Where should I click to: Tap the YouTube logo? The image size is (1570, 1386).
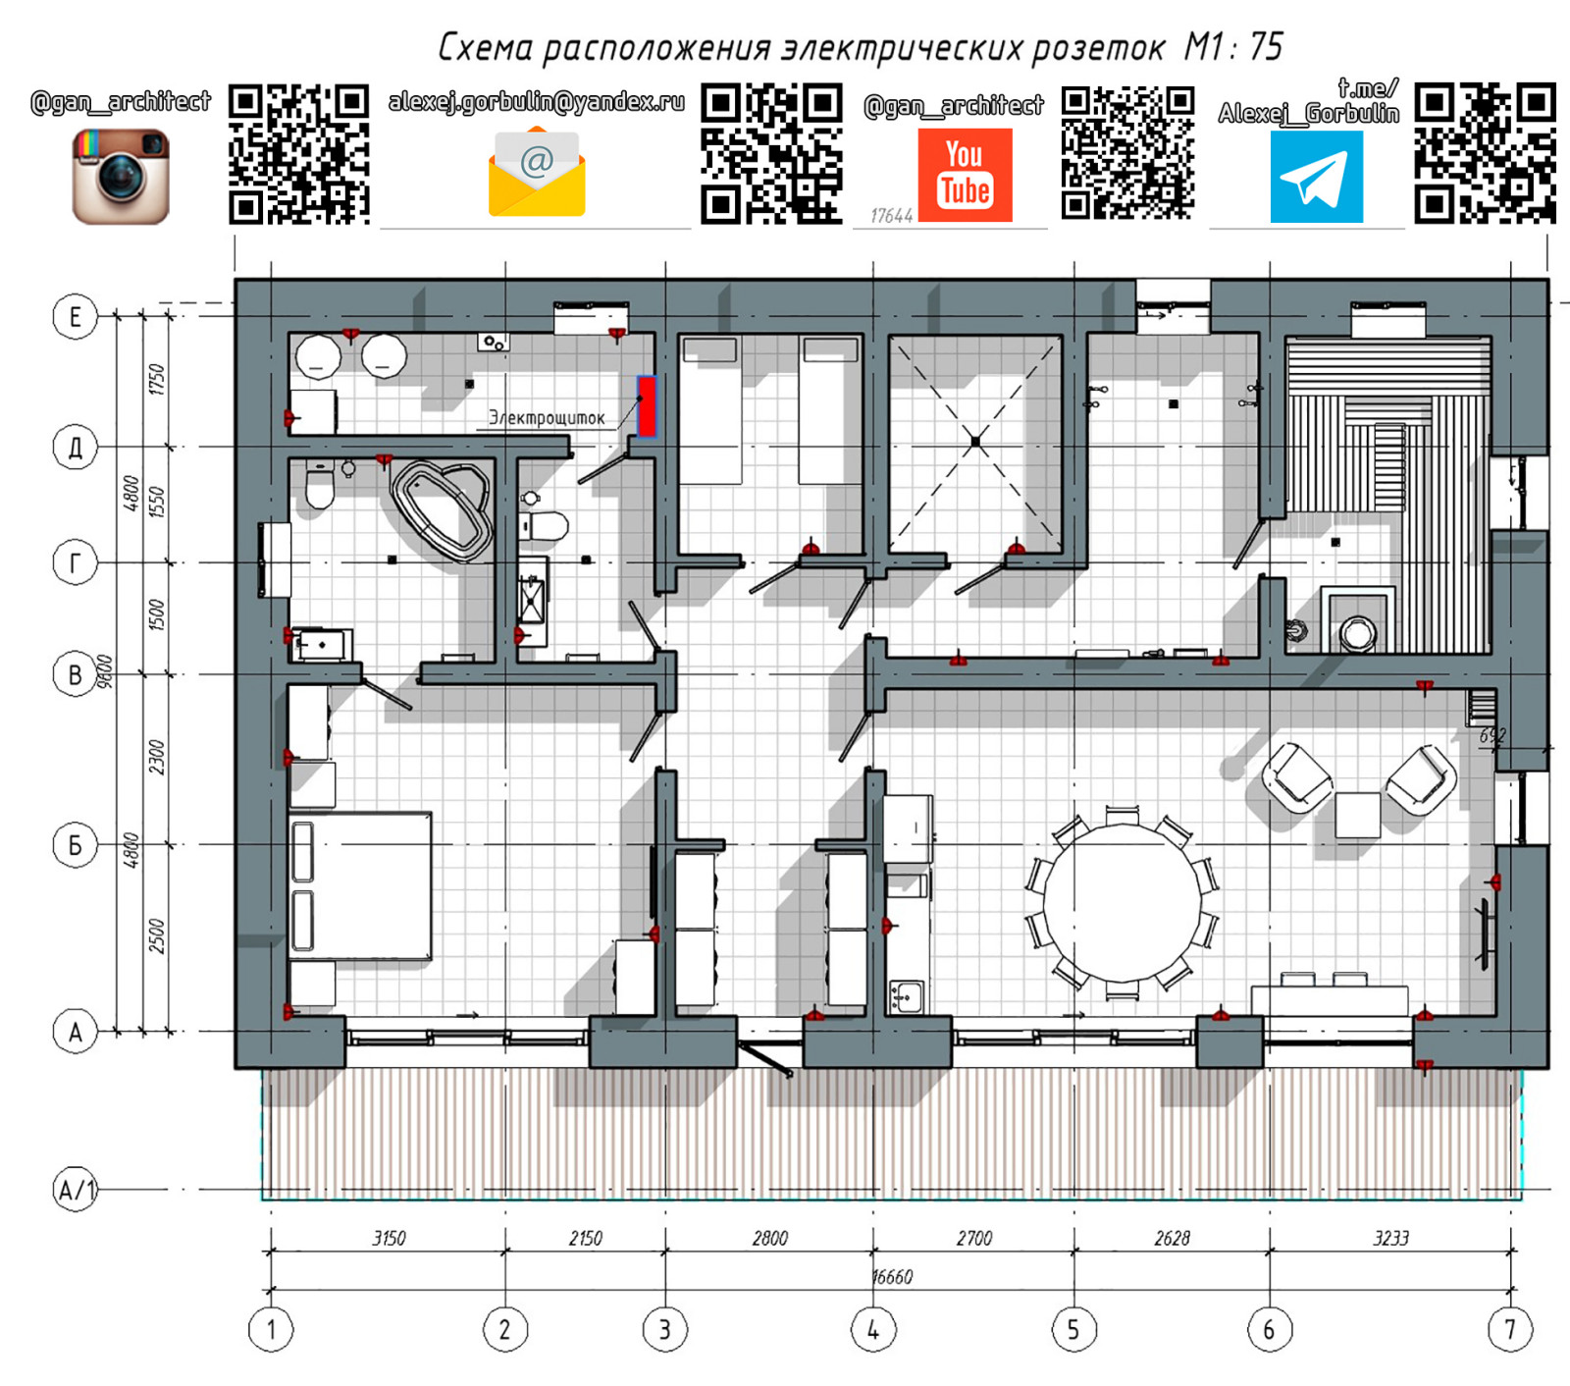point(965,175)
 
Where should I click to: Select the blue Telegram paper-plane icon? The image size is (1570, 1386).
point(1316,178)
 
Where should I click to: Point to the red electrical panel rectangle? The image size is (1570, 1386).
point(647,405)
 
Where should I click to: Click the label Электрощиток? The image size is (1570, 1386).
point(547,418)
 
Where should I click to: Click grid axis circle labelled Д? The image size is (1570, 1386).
point(75,448)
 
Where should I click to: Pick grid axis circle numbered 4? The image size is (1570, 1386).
point(873,1330)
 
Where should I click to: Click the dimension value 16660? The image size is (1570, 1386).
point(892,1277)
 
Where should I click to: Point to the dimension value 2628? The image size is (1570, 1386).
point(1172,1239)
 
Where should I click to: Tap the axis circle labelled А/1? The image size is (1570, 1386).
point(75,1190)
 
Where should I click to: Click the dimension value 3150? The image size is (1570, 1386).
point(389,1239)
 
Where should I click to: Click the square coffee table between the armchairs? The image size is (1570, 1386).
point(1358,815)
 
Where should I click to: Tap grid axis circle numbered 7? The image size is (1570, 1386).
point(1510,1330)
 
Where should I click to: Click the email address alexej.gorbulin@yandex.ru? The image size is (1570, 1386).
point(537,102)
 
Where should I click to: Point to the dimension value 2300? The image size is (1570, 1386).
point(156,757)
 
